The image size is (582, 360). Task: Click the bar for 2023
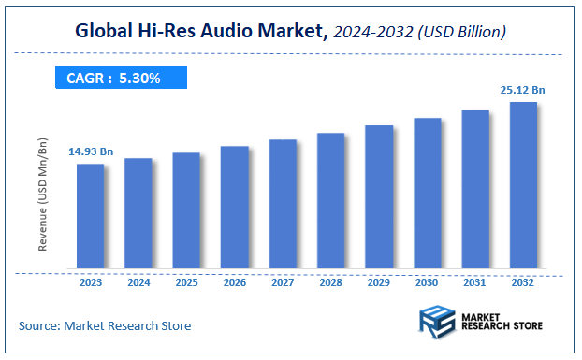tap(90, 216)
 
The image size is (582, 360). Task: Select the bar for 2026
tap(234, 208)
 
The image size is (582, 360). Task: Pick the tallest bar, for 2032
tap(523, 185)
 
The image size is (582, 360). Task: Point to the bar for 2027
tap(283, 204)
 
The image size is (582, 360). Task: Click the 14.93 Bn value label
tap(90, 151)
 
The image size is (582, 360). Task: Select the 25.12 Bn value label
tap(521, 90)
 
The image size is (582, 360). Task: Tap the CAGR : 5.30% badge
tap(113, 79)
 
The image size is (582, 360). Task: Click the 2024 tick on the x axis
tap(138, 281)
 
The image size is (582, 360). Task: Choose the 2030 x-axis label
tap(427, 281)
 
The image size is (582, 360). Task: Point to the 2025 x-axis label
tap(186, 281)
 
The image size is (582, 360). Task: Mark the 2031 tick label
tap(475, 281)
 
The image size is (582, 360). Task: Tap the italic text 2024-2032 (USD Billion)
tap(421, 33)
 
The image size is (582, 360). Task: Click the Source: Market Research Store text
tap(104, 325)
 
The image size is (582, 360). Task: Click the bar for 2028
tap(330, 201)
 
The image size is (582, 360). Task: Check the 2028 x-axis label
tap(330, 281)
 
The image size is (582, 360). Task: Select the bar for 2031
tap(475, 190)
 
